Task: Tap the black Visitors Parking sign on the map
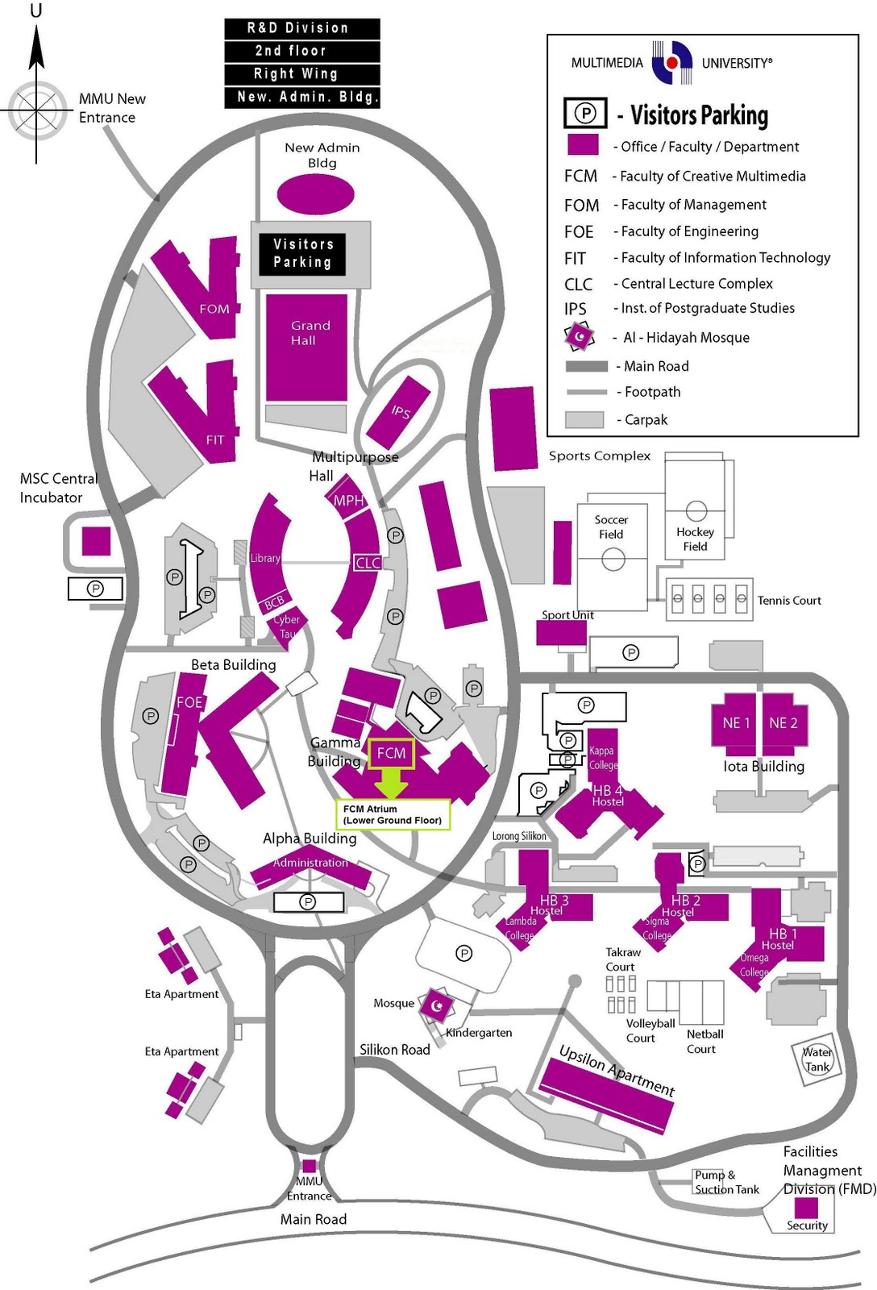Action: [302, 253]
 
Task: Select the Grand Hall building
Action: [306, 347]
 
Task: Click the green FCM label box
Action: [391, 753]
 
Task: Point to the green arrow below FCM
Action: [392, 781]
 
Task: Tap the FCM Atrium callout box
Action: [393, 814]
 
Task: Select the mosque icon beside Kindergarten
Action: [438, 1005]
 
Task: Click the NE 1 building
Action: [735, 722]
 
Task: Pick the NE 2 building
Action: [783, 722]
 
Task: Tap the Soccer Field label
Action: [611, 526]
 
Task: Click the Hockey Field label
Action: [695, 539]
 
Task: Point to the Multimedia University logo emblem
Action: [671, 63]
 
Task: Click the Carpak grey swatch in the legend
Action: [584, 419]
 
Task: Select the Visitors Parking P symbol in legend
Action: [585, 113]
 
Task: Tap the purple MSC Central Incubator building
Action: [96, 541]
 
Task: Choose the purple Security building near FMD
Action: [806, 1207]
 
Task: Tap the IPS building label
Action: [401, 411]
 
